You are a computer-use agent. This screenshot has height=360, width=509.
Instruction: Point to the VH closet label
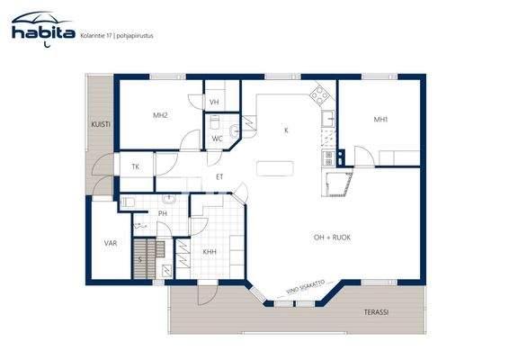pyautogui.click(x=215, y=103)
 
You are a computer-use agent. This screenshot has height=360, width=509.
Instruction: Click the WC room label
pyautogui.click(x=217, y=138)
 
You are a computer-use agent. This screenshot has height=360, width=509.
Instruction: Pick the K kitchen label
pyautogui.click(x=286, y=130)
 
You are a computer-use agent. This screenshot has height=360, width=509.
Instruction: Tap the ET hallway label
pyautogui.click(x=219, y=176)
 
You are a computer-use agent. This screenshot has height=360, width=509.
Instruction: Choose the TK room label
pyautogui.click(x=136, y=167)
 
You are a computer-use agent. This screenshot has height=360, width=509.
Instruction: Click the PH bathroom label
pyautogui.click(x=163, y=213)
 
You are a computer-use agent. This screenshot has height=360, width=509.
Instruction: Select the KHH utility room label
pyautogui.click(x=209, y=252)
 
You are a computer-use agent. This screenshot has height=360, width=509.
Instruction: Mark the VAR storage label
pyautogui.click(x=110, y=243)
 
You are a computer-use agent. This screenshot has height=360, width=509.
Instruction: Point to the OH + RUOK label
pyautogui.click(x=332, y=237)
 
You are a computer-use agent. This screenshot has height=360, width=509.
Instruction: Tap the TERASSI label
pyautogui.click(x=377, y=312)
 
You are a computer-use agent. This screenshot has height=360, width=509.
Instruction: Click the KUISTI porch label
pyautogui.click(x=100, y=125)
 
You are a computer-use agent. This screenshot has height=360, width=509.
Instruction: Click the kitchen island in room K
pyautogui.click(x=275, y=167)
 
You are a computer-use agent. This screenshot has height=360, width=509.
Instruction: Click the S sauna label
pyautogui.click(x=140, y=259)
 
